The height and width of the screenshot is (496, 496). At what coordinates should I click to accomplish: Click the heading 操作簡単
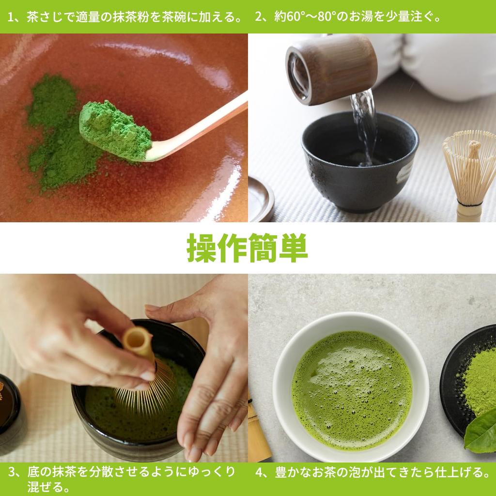tap(248, 248)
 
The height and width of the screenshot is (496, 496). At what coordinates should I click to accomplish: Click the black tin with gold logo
tap(10, 407)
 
